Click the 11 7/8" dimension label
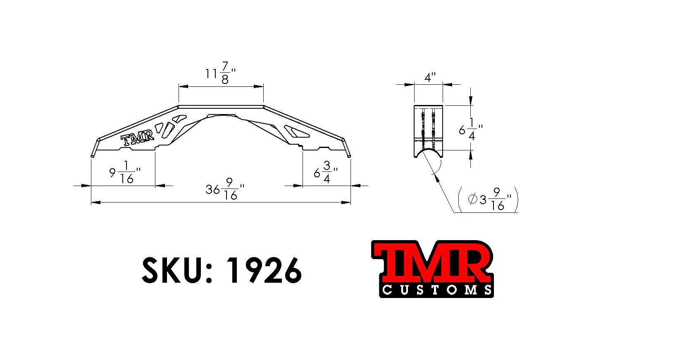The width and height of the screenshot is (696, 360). (x=220, y=73)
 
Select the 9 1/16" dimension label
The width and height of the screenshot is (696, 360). (x=125, y=172)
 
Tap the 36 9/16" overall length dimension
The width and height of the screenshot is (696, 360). (x=225, y=188)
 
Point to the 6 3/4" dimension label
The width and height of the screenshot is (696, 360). (x=326, y=172)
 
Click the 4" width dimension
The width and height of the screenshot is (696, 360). (x=430, y=77)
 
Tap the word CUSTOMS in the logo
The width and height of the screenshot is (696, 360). (x=436, y=290)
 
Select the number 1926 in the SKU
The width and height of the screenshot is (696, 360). (x=264, y=270)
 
